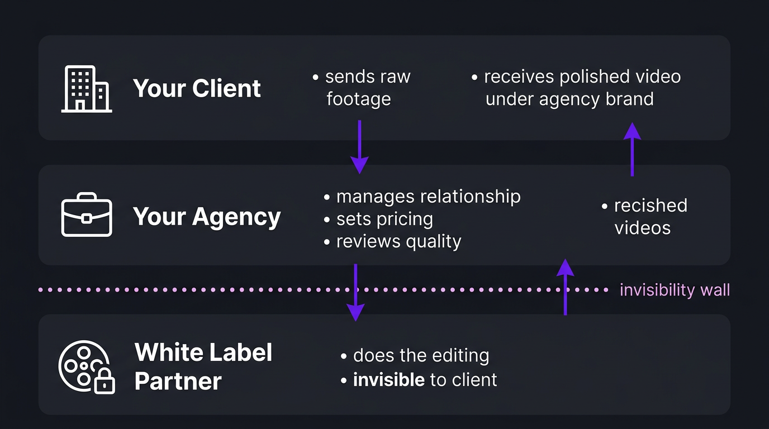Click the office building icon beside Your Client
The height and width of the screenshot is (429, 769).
click(86, 89)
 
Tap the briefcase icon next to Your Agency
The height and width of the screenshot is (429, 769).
click(86, 215)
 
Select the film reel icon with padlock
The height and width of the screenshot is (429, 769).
click(86, 367)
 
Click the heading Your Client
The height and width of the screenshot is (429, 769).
click(197, 88)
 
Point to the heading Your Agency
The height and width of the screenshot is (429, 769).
click(206, 217)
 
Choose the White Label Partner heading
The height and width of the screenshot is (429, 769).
click(203, 366)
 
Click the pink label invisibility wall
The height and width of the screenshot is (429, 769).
click(675, 290)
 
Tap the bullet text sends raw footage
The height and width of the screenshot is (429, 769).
click(362, 88)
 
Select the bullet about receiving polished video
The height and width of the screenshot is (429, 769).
click(576, 88)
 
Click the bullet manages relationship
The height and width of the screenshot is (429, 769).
click(423, 197)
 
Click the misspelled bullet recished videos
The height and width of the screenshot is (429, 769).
click(645, 216)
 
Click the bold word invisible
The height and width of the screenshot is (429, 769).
click(388, 380)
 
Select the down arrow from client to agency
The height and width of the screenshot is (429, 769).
click(359, 146)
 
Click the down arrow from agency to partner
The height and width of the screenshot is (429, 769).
click(355, 292)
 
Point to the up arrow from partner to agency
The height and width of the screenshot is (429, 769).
click(566, 287)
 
